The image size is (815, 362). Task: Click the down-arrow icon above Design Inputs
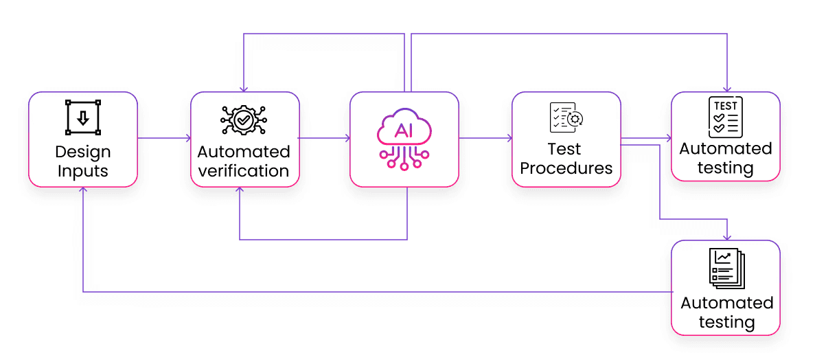point(82,117)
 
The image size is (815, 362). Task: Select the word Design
point(82,152)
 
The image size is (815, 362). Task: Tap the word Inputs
point(82,171)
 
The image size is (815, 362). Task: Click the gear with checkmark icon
point(244,120)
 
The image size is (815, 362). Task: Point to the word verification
point(244,171)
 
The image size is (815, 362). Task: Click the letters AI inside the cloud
point(404,131)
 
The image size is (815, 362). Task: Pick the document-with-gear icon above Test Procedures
point(566,117)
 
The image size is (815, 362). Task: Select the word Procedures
point(566,168)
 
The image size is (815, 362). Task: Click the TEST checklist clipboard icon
point(725,117)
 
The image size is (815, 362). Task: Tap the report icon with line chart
point(726,268)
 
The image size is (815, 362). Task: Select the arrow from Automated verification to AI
point(324,139)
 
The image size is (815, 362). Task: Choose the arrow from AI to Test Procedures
point(485,139)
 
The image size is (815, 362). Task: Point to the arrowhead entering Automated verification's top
point(243,89)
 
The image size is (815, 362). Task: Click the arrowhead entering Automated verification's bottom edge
point(240,191)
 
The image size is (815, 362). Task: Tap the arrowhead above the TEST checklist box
point(726,89)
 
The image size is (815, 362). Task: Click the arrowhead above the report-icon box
point(726,236)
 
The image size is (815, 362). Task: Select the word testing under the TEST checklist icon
point(726,168)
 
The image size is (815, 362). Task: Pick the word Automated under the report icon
point(726,303)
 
